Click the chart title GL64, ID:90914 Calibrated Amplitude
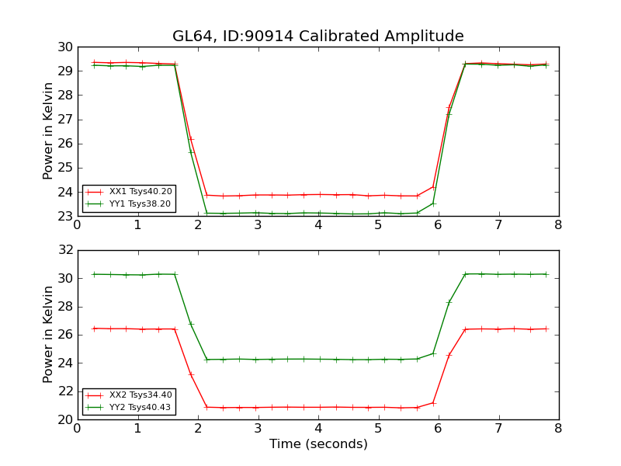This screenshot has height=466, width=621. (x=317, y=37)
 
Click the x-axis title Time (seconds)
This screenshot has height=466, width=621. (x=318, y=444)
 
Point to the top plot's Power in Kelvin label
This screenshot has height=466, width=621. (x=49, y=131)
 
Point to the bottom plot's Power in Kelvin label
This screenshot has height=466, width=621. (x=49, y=335)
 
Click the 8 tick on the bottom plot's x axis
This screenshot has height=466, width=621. (x=558, y=429)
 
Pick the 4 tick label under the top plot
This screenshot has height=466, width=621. (x=318, y=225)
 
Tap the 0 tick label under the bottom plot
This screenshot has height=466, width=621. (x=78, y=429)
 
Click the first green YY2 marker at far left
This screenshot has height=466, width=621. (x=94, y=274)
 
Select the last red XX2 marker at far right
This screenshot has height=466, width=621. (x=546, y=329)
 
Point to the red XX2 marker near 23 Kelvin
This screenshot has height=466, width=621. (x=191, y=374)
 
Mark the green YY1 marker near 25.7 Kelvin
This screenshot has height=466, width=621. (x=191, y=151)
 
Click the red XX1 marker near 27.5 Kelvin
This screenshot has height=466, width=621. (x=449, y=108)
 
